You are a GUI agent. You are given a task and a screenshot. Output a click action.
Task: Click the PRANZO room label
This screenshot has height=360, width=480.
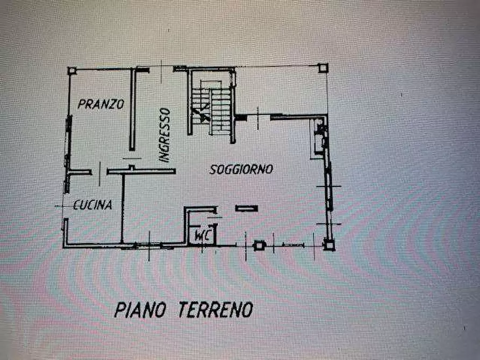[101, 104]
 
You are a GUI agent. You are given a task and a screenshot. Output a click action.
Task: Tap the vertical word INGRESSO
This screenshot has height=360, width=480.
[164, 134]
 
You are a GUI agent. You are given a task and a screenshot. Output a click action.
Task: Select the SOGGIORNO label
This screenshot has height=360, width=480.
[241, 169]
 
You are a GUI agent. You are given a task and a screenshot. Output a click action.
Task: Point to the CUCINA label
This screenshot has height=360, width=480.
[92, 205]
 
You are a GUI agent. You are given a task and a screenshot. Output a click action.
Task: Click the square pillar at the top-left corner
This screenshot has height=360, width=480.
[71, 70]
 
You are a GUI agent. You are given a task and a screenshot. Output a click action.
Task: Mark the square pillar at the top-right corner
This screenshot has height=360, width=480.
[323, 68]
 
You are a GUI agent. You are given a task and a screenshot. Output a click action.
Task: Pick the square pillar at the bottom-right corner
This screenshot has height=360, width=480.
[328, 244]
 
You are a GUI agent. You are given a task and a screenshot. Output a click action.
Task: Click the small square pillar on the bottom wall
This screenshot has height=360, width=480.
[260, 245]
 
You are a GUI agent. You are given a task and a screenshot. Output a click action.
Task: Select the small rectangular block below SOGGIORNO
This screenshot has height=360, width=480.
[246, 208]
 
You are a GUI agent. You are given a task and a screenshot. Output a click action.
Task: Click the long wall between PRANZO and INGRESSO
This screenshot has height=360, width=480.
[132, 110]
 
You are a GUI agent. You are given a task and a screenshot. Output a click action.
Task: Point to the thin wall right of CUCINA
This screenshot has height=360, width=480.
[123, 207]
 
